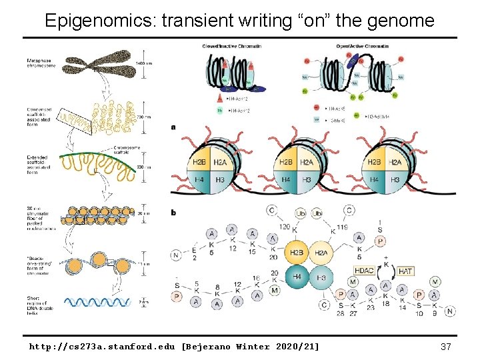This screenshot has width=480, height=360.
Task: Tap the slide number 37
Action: tap(447, 347)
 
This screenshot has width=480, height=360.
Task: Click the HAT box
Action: tap(405, 271)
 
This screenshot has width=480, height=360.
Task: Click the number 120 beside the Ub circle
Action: tap(286, 227)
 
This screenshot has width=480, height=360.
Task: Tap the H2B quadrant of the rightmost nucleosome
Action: tap(375, 162)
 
